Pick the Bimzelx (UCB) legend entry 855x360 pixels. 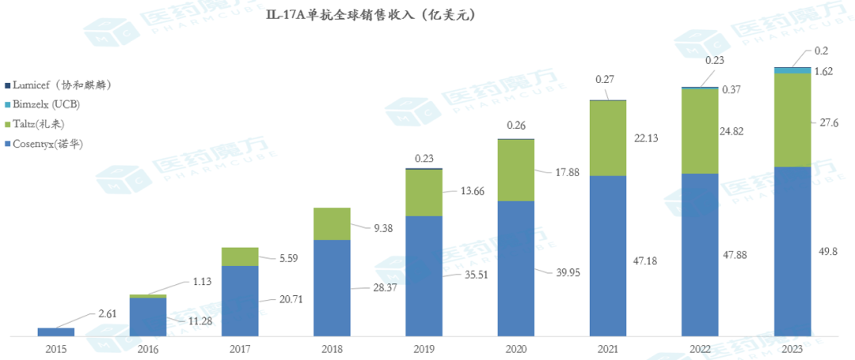(x=46, y=104)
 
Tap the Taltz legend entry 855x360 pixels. (x=43, y=124)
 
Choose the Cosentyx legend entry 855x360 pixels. (x=47, y=144)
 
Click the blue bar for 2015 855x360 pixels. (x=56, y=332)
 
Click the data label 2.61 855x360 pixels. (x=106, y=314)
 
